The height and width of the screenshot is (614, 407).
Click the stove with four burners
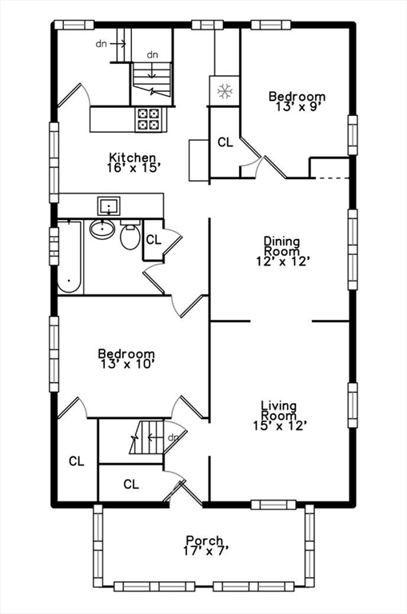coord(148,119)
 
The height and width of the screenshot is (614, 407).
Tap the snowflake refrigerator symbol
coord(223,90)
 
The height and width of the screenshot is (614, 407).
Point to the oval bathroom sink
coord(102,229)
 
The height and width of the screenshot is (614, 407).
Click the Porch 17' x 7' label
coord(204,546)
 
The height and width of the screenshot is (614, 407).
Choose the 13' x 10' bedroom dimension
coord(126,364)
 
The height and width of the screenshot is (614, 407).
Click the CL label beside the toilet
coord(154,239)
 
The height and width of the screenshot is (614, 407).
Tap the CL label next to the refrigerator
coord(225,142)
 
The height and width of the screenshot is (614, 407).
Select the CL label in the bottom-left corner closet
coord(76,461)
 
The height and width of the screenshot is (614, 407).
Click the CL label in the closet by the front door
coord(131,484)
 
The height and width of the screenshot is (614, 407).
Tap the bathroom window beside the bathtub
coord(54,240)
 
